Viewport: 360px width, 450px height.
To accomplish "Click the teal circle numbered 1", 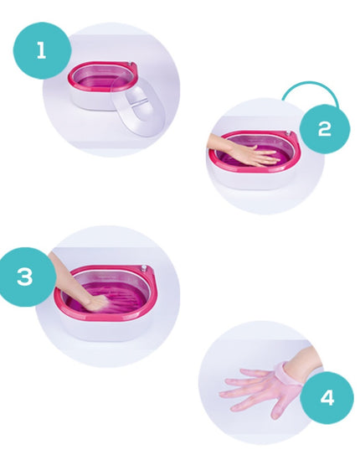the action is (x=42, y=50).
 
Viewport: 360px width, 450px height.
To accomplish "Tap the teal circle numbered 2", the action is (x=325, y=128).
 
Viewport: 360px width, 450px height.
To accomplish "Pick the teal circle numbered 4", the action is (x=327, y=397).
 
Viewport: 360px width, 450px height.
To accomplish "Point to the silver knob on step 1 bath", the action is (x=130, y=64).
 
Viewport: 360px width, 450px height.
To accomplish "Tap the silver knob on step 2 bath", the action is (x=288, y=133).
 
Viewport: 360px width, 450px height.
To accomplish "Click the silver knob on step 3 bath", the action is (x=143, y=268).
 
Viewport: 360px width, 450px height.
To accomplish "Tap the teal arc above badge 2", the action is (x=310, y=87).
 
